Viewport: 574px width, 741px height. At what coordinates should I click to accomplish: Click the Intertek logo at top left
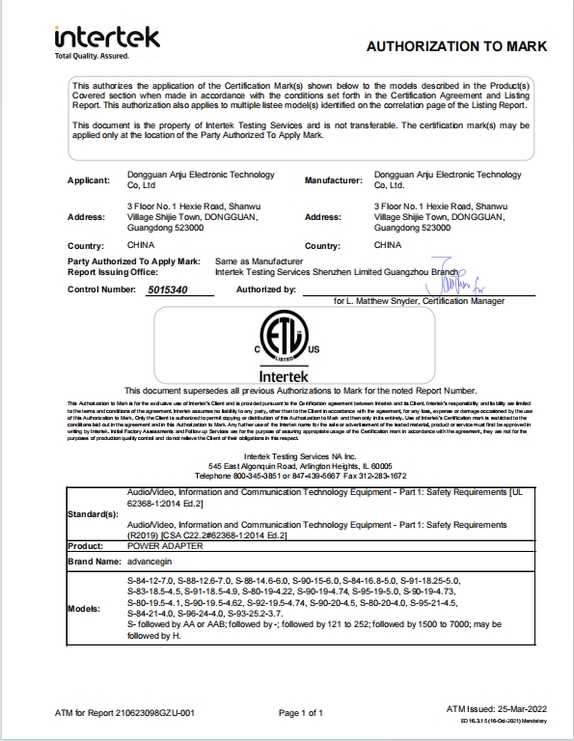pyautogui.click(x=106, y=38)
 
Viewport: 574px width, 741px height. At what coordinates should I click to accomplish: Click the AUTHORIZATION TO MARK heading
pyautogui.click(x=456, y=46)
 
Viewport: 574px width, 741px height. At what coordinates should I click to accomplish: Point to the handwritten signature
pyautogui.click(x=454, y=281)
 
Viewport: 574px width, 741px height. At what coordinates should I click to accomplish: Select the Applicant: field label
pyautogui.click(x=93, y=180)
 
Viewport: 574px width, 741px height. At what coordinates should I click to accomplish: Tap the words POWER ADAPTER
pyautogui.click(x=156, y=545)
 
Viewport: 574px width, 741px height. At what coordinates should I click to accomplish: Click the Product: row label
pyautogui.click(x=86, y=545)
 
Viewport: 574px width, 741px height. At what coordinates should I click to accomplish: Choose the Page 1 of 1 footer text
pyautogui.click(x=300, y=712)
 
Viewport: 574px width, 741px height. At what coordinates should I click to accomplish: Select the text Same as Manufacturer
pyautogui.click(x=259, y=261)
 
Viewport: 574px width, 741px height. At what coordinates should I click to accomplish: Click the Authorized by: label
pyautogui.click(x=265, y=289)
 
